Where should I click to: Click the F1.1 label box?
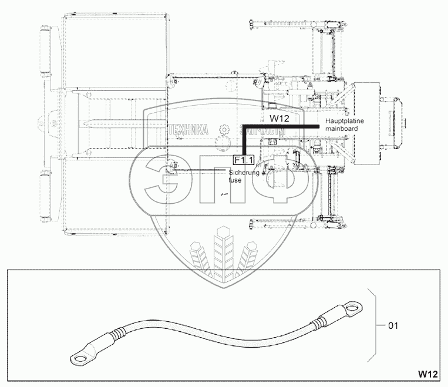pyautogui.click(x=242, y=160)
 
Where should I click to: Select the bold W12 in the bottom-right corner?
pyautogui.click(x=429, y=373)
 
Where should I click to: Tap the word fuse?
pyautogui.click(x=235, y=181)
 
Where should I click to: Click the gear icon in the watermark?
pyautogui.click(x=223, y=130)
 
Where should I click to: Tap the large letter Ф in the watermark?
pyautogui.click(x=279, y=179)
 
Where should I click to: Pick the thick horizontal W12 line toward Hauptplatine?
pyautogui.click(x=282, y=126)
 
